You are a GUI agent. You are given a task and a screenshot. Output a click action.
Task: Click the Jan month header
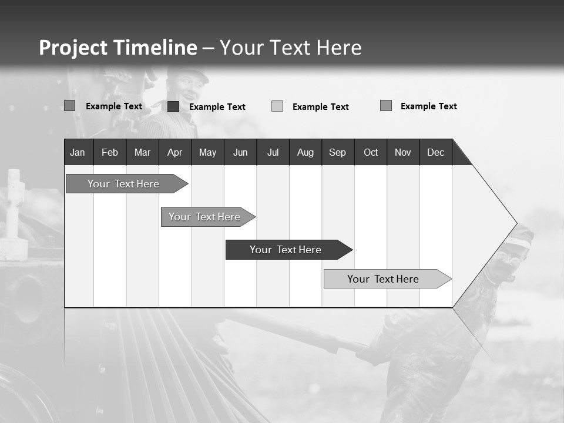(78, 152)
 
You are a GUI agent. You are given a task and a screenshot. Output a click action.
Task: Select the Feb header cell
(110, 152)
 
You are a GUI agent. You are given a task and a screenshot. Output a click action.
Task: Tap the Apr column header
(174, 152)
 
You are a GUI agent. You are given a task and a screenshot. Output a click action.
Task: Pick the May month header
(207, 152)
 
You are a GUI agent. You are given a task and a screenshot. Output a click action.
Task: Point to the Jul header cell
(273, 152)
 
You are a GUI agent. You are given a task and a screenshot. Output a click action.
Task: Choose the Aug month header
(305, 152)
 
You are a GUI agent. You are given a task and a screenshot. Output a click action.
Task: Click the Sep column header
(338, 152)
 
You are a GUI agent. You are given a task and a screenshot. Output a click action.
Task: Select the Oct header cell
(371, 152)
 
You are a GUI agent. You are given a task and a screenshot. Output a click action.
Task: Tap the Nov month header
(403, 152)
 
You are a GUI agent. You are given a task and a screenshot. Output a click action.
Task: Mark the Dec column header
(436, 152)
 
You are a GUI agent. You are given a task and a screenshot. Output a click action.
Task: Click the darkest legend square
(173, 106)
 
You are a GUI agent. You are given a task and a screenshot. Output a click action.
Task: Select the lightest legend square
(277, 106)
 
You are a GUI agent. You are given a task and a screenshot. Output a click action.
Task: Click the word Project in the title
(73, 48)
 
